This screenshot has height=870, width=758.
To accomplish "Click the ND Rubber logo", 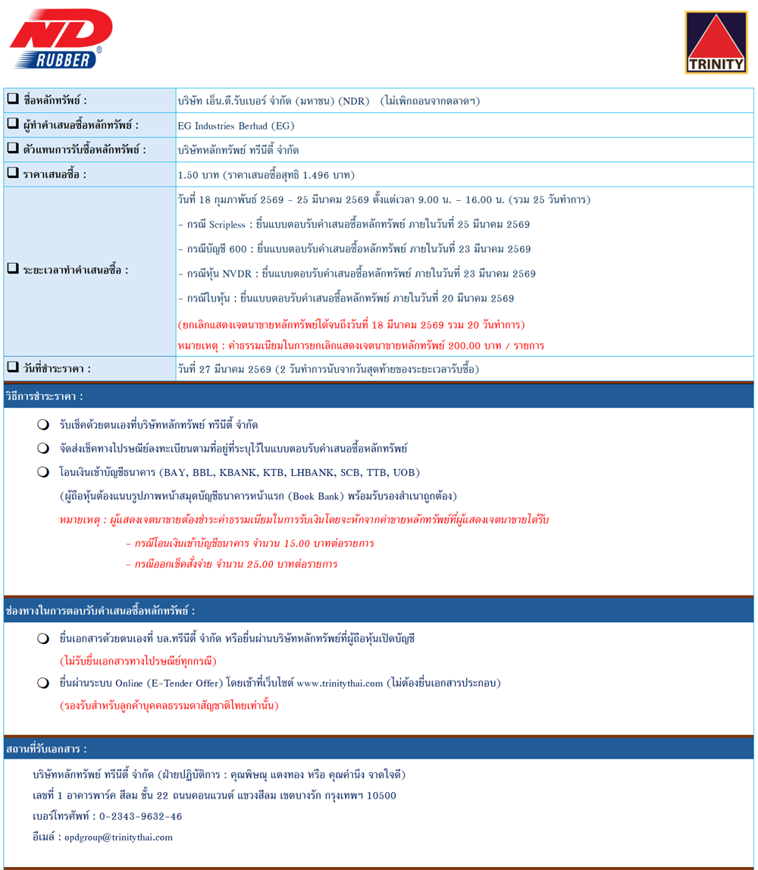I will coord(61,40).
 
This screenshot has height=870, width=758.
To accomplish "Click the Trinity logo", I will coord(715,43).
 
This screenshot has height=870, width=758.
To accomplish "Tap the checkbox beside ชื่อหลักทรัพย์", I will coord(13,99).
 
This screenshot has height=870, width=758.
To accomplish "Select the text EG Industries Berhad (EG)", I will coord(233,125).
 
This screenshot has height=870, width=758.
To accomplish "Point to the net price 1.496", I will coord(318,175).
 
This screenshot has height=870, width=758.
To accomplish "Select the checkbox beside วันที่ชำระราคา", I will coord(13,368).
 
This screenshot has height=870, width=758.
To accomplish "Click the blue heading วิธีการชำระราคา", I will coord(44,396).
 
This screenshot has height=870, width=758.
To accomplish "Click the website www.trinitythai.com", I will coord(340,684).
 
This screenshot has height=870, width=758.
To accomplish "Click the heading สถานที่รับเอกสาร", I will coord(46,750).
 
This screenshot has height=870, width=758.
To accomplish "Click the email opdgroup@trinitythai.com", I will coord(119,837).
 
